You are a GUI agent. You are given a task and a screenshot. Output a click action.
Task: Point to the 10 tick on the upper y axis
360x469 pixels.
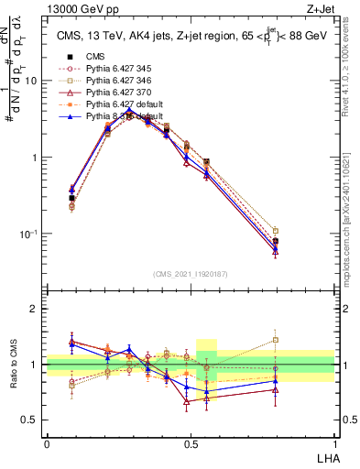pyautogui.click(x=34, y=81)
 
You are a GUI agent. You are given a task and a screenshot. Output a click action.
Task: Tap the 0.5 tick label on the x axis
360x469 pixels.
pyautogui.click(x=191, y=443)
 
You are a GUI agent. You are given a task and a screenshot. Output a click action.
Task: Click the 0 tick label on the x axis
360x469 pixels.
pyautogui.click(x=47, y=443)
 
